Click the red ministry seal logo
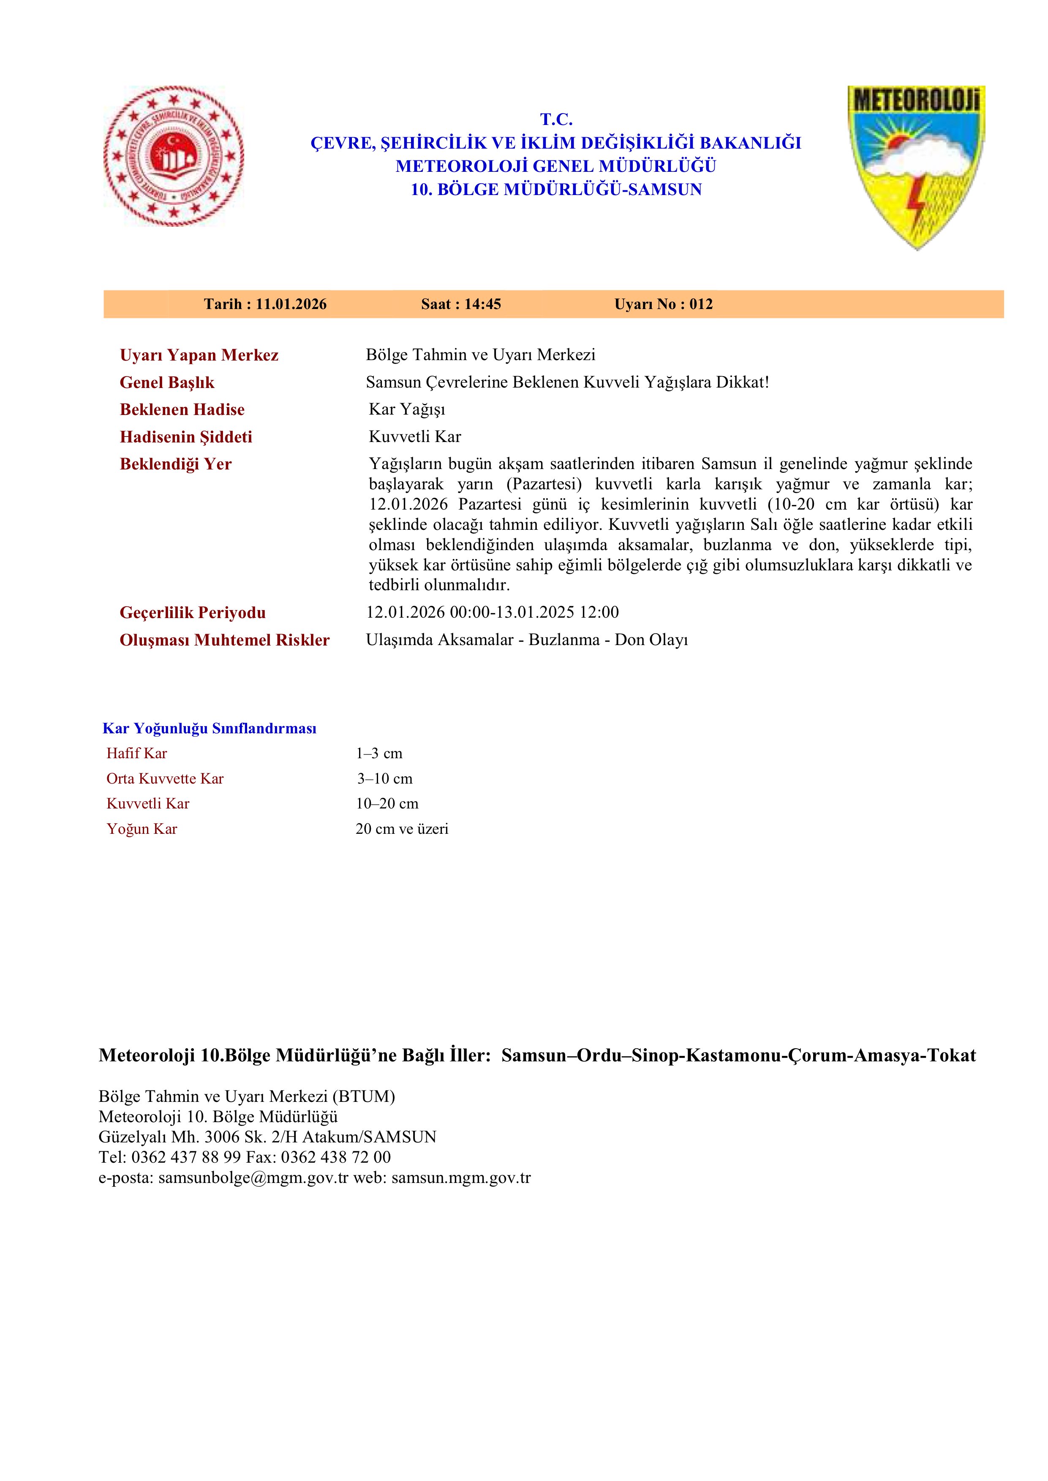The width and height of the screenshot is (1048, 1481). pos(174,156)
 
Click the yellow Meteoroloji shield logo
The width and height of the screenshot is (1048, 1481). pos(916,166)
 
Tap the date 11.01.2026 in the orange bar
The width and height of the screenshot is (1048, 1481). pos(291,304)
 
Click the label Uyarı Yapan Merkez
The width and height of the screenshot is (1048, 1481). pos(199,355)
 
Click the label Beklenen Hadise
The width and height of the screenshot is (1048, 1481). pos(182,410)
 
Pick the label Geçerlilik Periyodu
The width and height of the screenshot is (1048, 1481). pos(192,613)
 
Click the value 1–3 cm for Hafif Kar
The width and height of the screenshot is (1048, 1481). pos(379,754)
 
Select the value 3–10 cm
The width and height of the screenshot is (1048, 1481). pos(385,778)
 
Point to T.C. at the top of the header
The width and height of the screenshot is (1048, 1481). pos(556,119)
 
